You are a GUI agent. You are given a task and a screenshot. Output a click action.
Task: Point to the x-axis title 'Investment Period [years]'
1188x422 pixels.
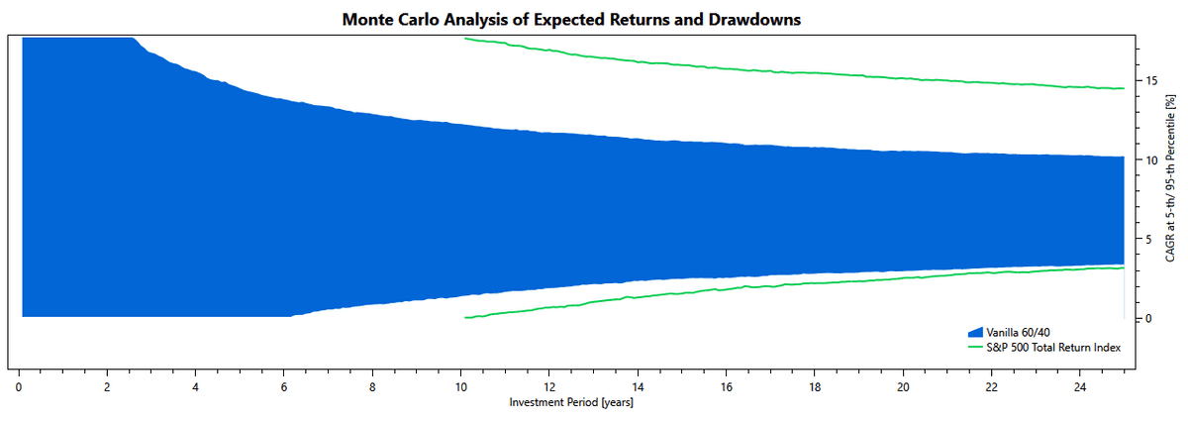[571, 403]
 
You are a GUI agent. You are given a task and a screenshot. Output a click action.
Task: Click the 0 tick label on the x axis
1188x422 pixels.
[19, 387]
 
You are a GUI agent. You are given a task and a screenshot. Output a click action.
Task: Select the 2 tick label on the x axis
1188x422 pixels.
[107, 387]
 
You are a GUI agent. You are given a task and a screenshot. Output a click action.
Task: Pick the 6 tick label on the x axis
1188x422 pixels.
[284, 387]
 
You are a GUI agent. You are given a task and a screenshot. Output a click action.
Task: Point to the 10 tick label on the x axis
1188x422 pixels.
[460, 387]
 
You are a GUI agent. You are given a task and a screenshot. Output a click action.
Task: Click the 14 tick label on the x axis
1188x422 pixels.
[638, 387]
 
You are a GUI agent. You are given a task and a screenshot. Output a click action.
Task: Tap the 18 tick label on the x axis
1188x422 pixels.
[814, 387]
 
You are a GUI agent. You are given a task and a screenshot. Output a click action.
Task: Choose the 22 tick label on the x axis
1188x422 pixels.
[991, 387]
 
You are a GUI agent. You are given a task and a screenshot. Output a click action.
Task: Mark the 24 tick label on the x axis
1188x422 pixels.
[1079, 387]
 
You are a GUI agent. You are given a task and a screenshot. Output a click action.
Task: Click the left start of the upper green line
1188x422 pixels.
[465, 39]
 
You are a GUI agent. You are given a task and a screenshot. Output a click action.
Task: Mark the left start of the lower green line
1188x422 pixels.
[465, 317]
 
